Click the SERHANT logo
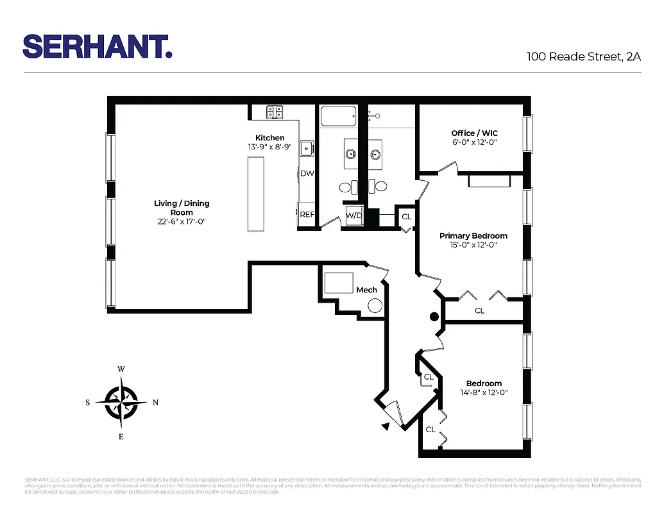(x=98, y=47)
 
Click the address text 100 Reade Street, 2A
(x=583, y=56)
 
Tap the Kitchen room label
(x=269, y=138)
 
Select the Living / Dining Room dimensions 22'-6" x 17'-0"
(x=182, y=221)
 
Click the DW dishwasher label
(x=307, y=173)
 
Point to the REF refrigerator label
(x=307, y=215)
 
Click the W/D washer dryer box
(x=354, y=216)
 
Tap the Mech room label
(x=366, y=290)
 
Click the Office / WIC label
(x=474, y=133)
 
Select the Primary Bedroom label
(x=473, y=236)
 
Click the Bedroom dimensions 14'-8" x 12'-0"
(x=484, y=392)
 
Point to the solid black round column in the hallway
(x=434, y=316)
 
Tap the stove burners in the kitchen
(x=275, y=112)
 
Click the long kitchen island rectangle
(x=256, y=194)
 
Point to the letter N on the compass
(x=155, y=403)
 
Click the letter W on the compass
(x=121, y=369)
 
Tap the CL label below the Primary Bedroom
(x=479, y=310)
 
